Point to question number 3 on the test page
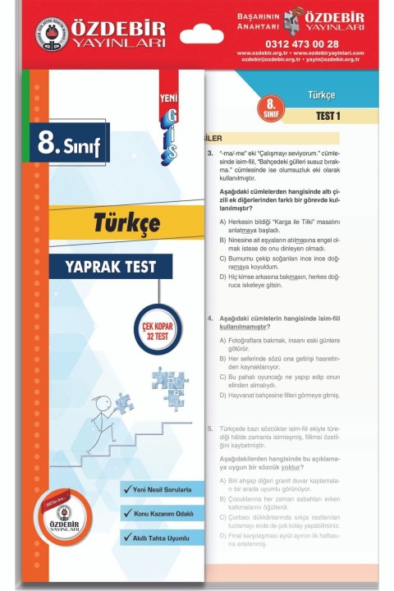tap(211, 153)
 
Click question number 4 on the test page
tap(211, 317)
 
